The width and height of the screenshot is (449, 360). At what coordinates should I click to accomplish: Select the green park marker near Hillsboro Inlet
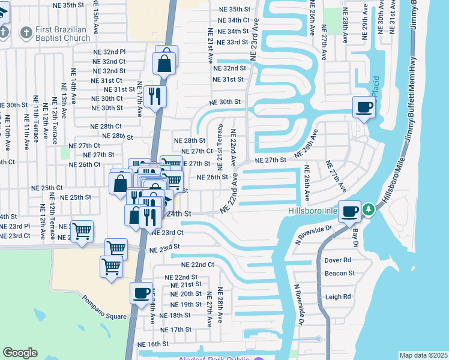point(369,210)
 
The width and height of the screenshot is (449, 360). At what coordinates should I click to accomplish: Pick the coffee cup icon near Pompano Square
point(141,293)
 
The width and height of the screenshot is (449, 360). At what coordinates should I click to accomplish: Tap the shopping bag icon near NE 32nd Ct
point(164,62)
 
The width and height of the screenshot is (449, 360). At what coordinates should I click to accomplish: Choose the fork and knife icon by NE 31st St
point(155,95)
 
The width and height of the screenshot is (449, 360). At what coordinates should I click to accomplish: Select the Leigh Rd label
point(337,297)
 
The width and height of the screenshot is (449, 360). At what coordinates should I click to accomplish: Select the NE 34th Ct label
point(234,20)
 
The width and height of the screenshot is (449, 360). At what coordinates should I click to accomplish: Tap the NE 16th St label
point(153,344)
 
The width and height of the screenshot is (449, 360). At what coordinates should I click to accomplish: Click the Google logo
point(20,353)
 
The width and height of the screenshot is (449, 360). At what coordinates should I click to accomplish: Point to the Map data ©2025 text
point(423,355)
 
